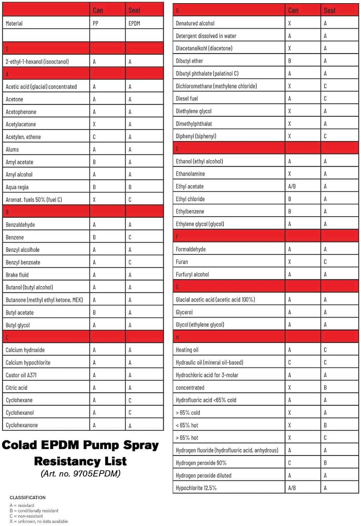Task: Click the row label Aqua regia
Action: point(17,187)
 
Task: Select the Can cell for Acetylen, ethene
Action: point(94,137)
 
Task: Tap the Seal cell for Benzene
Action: point(130,237)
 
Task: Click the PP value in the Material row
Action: point(96,23)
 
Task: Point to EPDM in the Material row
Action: point(134,23)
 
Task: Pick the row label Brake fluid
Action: point(17,275)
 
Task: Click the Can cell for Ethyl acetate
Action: point(292,187)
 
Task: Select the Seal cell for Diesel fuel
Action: point(325,99)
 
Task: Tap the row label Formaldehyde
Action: point(191,249)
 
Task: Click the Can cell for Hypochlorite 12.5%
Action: point(292,488)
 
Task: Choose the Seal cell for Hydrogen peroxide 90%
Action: point(325,463)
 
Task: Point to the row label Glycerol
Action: point(184,312)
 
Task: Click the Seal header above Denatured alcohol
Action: point(329,11)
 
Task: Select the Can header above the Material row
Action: point(98,11)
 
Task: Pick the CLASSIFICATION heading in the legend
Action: point(28,498)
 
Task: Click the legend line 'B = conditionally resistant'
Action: point(34,511)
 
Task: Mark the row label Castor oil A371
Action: point(21,375)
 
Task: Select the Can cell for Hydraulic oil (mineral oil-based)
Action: point(290,363)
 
